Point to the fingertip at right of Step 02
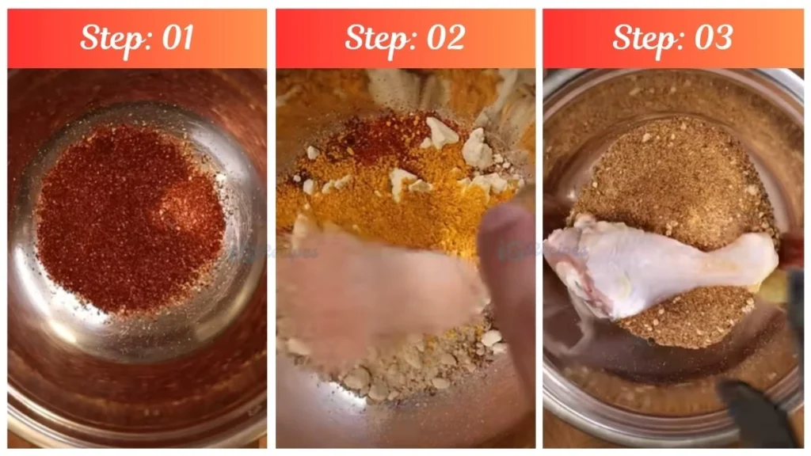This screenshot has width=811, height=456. [507, 230]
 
